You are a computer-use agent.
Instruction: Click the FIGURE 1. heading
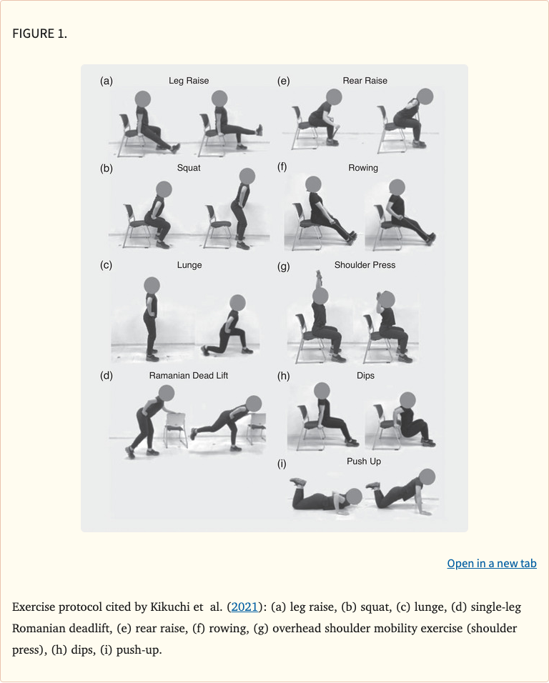click(40, 34)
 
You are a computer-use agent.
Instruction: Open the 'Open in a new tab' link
click(491, 564)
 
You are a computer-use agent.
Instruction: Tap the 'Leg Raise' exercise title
click(189, 81)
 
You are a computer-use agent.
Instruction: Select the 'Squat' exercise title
click(189, 168)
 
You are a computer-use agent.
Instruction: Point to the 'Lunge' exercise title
click(189, 265)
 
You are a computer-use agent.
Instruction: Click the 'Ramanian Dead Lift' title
click(189, 376)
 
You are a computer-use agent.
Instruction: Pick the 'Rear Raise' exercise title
click(365, 81)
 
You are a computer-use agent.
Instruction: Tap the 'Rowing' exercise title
click(363, 168)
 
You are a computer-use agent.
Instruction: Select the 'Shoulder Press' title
click(365, 265)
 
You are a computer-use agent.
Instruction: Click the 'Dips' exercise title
click(365, 376)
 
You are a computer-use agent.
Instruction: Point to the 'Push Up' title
click(364, 462)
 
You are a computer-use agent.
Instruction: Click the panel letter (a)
click(107, 81)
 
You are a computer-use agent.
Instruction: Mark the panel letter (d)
click(107, 376)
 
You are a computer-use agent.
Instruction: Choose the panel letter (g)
click(283, 266)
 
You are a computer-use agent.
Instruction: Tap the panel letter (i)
click(282, 464)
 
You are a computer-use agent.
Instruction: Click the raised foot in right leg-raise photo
click(259, 130)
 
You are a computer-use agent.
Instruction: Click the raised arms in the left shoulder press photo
click(318, 279)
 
